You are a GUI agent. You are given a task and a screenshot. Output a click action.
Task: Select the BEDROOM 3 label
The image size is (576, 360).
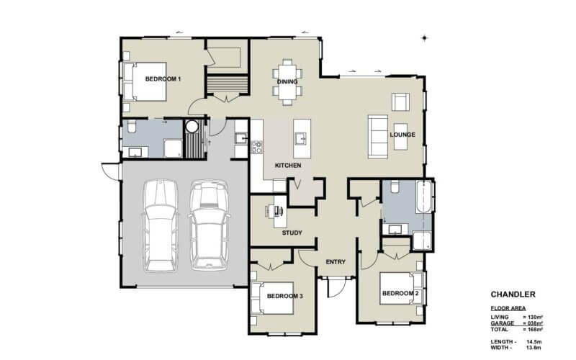click(x=283, y=296)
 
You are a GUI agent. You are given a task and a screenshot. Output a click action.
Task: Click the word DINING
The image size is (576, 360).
click(x=287, y=81)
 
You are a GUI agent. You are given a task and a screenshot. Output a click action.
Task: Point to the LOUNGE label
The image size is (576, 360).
click(x=402, y=135)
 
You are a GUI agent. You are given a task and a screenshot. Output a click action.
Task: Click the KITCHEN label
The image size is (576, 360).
click(x=288, y=166)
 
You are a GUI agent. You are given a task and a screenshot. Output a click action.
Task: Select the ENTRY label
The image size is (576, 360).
click(x=337, y=261)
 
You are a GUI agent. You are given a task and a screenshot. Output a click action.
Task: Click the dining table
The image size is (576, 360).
click(x=287, y=80)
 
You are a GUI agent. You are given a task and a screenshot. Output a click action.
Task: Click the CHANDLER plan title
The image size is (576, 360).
click(x=513, y=294)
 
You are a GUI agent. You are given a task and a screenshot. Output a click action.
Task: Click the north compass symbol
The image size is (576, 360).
click(x=425, y=37)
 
